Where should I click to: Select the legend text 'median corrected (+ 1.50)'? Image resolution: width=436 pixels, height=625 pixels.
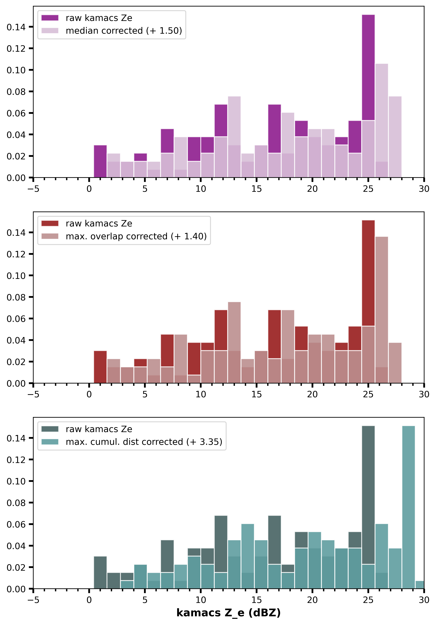click(124, 31)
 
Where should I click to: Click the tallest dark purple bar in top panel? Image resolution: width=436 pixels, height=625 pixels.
click(368, 68)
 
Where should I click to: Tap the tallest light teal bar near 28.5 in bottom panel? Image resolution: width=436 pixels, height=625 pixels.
click(409, 506)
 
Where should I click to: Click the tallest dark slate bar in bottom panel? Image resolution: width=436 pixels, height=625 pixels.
click(368, 490)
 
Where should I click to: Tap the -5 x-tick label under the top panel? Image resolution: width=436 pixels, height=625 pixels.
click(33, 189)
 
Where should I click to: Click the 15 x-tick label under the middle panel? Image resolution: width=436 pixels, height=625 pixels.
click(256, 394)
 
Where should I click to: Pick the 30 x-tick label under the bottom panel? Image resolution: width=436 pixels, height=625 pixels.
click(424, 600)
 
